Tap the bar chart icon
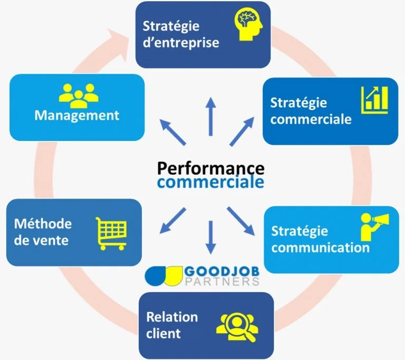tap(374, 99)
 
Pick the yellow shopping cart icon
tap(111, 232)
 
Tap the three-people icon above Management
tap(78, 96)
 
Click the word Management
tap(77, 115)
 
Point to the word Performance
tap(210, 167)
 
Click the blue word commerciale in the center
tap(211, 183)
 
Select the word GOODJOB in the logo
tap(221, 271)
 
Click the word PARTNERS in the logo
tap(221, 281)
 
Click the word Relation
tap(172, 317)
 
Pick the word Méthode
tap(43, 223)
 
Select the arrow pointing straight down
tap(211, 236)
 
